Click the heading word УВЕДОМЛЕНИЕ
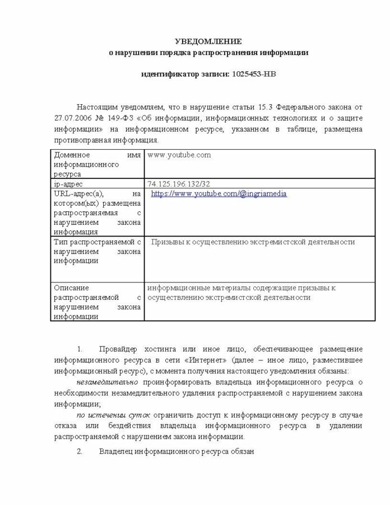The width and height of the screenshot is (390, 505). pyautogui.click(x=208, y=41)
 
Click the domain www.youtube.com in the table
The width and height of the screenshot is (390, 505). pyautogui.click(x=179, y=155)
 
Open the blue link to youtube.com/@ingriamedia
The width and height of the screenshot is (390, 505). pyautogui.click(x=219, y=193)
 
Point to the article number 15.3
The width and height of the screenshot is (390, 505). pyautogui.click(x=266, y=106)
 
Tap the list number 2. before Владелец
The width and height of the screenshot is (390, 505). pyautogui.click(x=80, y=451)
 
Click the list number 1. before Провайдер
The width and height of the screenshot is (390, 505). pyautogui.click(x=80, y=349)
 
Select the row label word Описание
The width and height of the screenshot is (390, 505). pyautogui.click(x=72, y=288)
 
